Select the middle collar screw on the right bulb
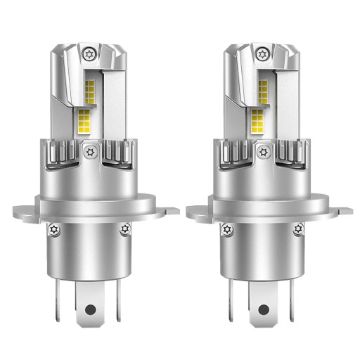tap(264, 150)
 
